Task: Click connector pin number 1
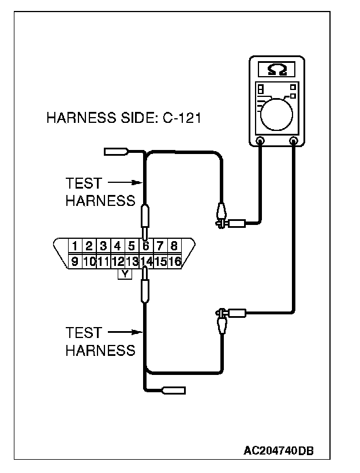click(76, 246)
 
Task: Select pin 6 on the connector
click(146, 246)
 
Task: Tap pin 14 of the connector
click(146, 261)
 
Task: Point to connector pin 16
click(175, 261)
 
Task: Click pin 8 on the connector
click(174, 246)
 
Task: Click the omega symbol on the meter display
click(276, 70)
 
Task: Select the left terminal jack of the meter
click(260, 140)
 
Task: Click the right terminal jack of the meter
click(294, 140)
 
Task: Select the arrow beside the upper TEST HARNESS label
click(125, 183)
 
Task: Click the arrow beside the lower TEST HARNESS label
click(125, 332)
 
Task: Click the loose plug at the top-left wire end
click(115, 152)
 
